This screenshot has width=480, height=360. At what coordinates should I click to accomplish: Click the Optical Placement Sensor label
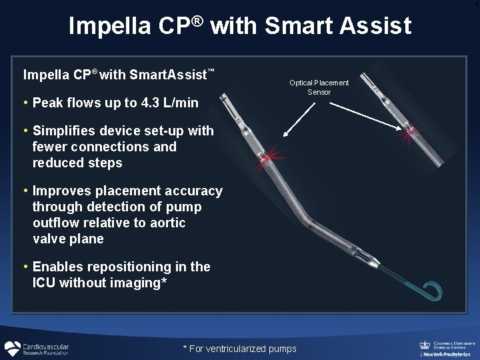(319, 87)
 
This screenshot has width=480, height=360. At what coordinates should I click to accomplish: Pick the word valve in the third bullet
(50, 239)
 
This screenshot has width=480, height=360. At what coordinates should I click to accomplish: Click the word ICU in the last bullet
(45, 283)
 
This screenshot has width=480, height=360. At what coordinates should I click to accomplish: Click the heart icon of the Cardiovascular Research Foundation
(12, 349)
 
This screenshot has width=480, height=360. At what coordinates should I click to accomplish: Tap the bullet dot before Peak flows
(25, 103)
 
